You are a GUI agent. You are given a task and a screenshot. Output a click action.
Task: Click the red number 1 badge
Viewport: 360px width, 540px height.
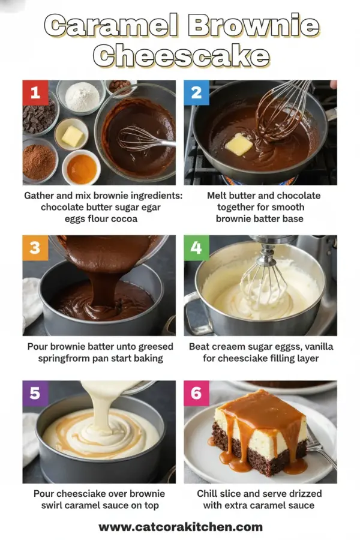tap(35, 92)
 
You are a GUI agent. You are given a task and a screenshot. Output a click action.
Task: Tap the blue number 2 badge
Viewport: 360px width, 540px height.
tap(196, 92)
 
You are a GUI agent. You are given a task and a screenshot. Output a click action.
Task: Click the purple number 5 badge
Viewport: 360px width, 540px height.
tap(35, 393)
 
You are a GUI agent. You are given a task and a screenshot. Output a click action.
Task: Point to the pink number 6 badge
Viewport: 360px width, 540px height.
tap(196, 393)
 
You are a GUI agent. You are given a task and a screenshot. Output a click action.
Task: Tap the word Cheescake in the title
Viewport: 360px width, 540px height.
tap(181, 56)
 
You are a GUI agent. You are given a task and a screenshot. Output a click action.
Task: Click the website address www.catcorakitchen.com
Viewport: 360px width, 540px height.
tap(180, 527)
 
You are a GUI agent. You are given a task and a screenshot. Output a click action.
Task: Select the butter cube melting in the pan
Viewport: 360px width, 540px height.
tap(238, 144)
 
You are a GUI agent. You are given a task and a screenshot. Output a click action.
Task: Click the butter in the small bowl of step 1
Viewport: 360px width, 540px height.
tap(72, 136)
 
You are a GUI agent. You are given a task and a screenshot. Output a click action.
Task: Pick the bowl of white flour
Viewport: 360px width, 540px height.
tap(82, 96)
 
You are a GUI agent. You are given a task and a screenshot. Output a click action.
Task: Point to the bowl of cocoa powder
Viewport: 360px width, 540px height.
tap(39, 161)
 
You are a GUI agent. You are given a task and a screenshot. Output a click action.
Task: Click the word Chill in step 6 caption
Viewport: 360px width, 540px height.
tap(209, 493)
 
